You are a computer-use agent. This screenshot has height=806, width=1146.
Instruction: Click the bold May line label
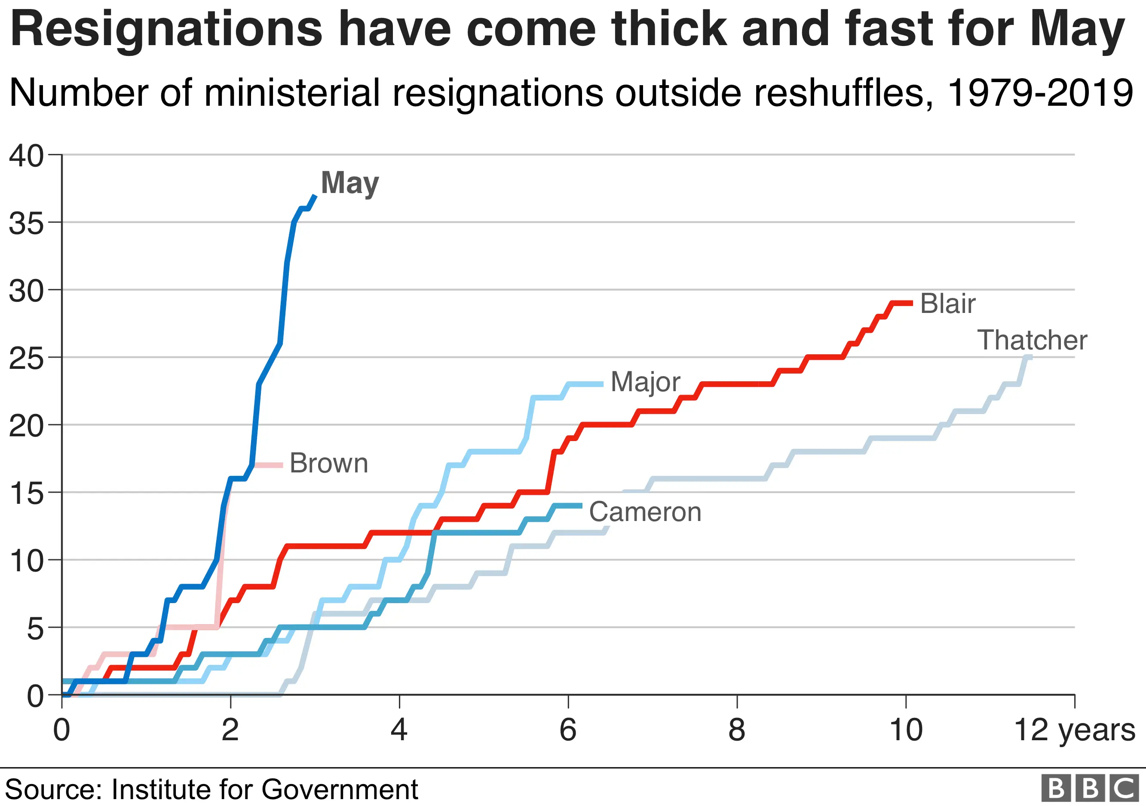[x=350, y=183]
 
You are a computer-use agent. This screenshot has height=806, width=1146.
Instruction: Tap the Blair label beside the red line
[x=947, y=303]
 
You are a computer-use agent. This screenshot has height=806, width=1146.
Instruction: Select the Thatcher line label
[x=1032, y=340]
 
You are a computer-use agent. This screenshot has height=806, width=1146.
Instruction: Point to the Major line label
[x=645, y=382]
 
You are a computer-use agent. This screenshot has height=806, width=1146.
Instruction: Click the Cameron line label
[x=645, y=512]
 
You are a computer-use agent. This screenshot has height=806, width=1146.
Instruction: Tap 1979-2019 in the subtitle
[x=1040, y=93]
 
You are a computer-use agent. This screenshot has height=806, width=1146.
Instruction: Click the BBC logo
[x=1090, y=788]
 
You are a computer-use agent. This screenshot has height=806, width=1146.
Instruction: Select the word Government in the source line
[x=340, y=790]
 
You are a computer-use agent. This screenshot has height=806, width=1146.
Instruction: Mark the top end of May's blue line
[x=315, y=196]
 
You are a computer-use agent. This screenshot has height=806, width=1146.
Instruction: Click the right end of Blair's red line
[x=911, y=303]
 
